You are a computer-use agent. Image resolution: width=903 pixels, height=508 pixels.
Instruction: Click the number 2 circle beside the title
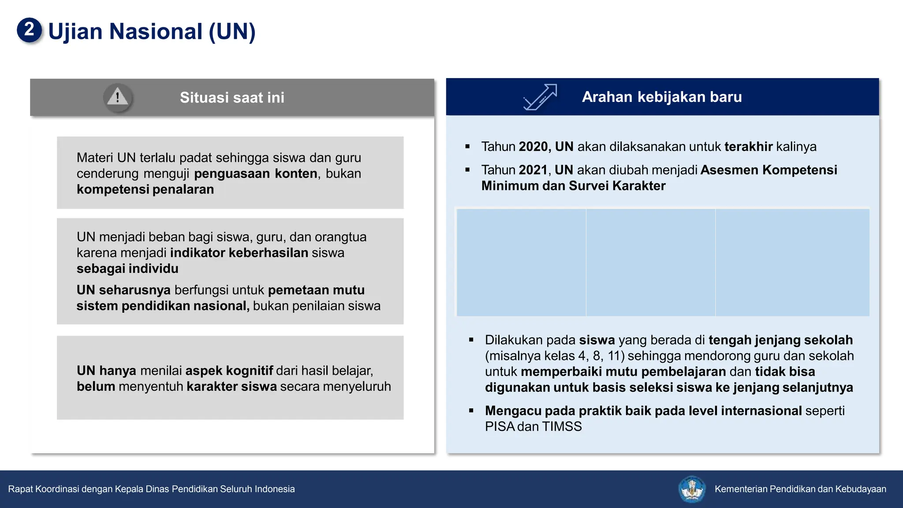point(29,30)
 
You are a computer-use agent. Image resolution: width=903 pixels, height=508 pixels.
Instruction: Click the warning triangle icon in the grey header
point(117,97)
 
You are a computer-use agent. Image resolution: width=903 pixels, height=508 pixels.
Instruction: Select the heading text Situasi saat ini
point(232,97)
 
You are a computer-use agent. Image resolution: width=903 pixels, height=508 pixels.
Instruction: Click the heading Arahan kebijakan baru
point(661,97)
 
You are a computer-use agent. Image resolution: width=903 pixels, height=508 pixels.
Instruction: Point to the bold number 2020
point(533,147)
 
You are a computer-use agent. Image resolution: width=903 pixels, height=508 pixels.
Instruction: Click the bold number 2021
point(533,170)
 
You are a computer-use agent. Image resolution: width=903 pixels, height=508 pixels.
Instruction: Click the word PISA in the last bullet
point(500,427)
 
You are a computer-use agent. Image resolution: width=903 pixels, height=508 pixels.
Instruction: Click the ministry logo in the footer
point(691,489)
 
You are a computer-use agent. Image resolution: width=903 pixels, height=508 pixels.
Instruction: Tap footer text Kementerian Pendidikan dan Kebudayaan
point(800,489)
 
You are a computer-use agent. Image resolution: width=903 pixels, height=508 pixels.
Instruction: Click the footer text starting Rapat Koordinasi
point(151,489)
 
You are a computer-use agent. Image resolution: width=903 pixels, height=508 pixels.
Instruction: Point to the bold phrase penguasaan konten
point(256,174)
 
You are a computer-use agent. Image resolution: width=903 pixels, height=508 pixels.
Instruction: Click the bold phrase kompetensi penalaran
point(145,190)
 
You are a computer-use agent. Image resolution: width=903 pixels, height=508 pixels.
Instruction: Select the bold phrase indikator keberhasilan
point(239,253)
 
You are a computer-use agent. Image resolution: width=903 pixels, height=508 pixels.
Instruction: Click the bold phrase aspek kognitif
point(229,371)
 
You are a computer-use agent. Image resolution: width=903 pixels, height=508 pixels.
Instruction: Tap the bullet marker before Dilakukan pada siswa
point(471,340)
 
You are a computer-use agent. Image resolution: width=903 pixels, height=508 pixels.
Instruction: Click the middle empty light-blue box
point(650,262)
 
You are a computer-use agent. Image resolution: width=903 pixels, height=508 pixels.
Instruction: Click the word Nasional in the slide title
point(156,32)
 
